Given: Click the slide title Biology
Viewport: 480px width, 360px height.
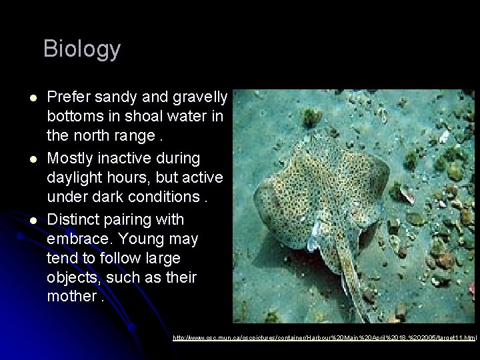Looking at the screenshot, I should (x=82, y=49).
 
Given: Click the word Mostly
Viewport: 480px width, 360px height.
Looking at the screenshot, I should (x=71, y=159).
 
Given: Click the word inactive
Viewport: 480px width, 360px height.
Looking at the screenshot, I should (x=127, y=159).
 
